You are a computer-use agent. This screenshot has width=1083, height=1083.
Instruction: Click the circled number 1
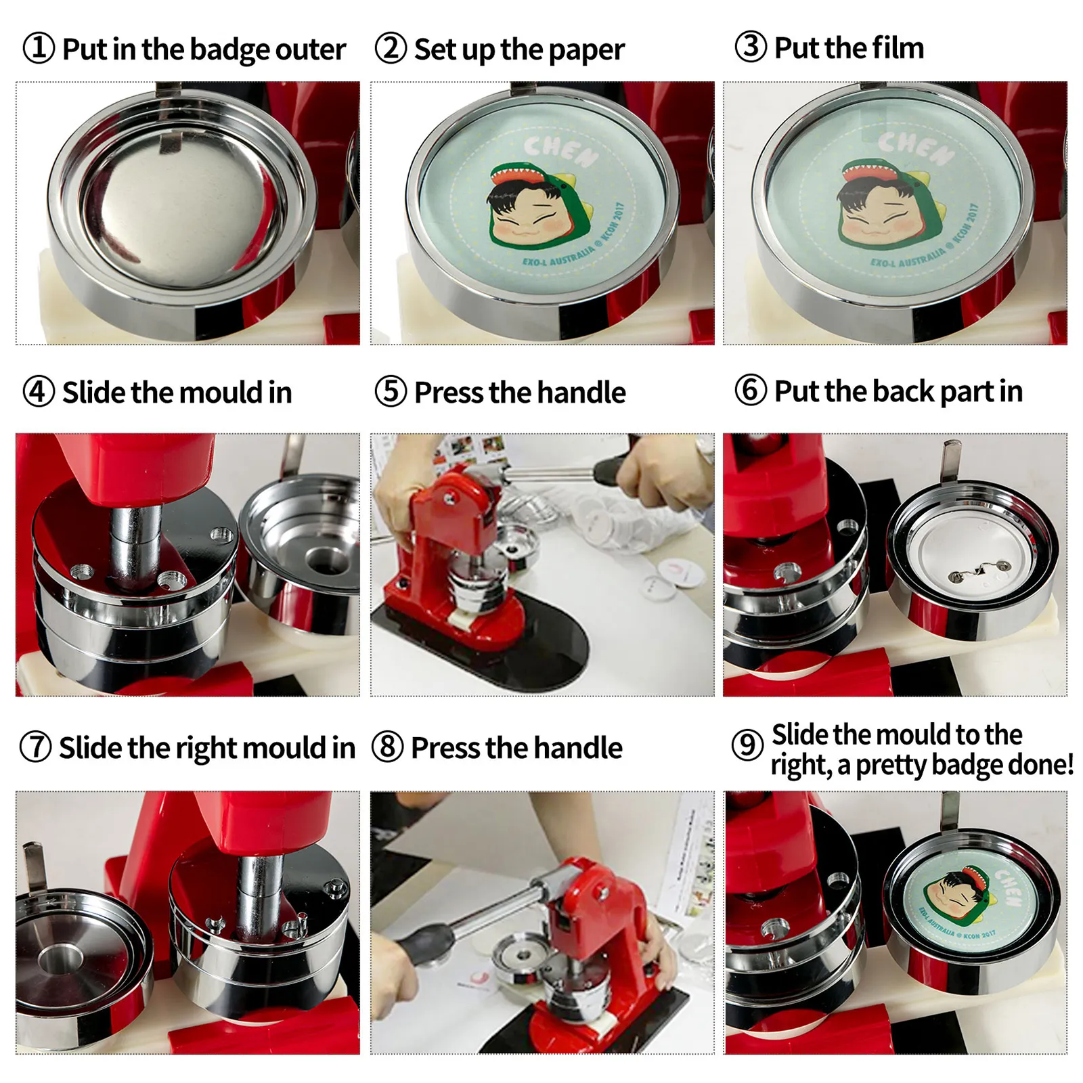click(x=39, y=49)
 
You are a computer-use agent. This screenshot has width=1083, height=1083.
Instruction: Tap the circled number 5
click(x=391, y=392)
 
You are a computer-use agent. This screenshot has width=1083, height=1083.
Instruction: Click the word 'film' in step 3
click(x=898, y=48)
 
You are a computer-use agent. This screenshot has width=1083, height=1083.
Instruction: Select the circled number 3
click(x=751, y=47)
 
